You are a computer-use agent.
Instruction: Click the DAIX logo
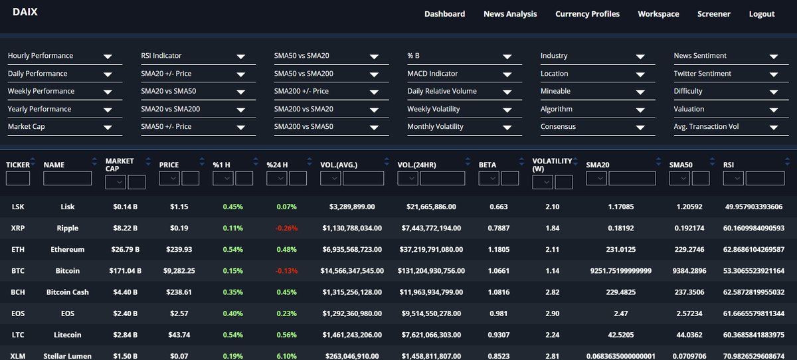click(x=25, y=12)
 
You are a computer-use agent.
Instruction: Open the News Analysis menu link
click(x=510, y=14)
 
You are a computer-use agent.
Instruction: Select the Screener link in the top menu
click(x=713, y=14)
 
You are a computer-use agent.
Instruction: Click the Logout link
click(x=761, y=14)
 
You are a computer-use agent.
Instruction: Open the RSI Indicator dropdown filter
click(x=197, y=56)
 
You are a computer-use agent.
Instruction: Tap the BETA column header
click(x=487, y=165)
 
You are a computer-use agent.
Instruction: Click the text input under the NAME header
click(x=67, y=178)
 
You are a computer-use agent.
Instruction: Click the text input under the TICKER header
click(x=18, y=178)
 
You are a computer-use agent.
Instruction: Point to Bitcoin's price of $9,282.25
click(x=180, y=271)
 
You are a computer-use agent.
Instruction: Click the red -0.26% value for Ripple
click(x=287, y=228)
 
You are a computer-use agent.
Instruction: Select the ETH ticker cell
click(x=18, y=250)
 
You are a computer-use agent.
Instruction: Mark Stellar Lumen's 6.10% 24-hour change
click(x=287, y=356)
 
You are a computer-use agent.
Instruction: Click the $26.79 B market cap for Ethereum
click(x=125, y=250)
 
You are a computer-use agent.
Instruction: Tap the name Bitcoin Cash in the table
click(x=67, y=292)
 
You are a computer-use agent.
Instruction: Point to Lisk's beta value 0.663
click(x=498, y=207)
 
